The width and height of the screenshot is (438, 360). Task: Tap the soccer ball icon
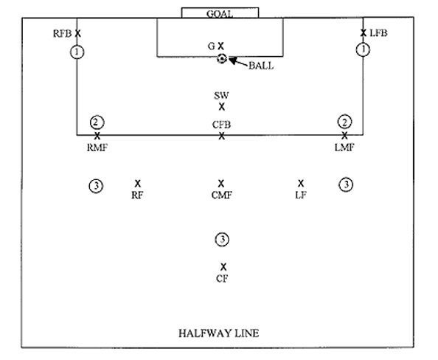pyautogui.click(x=221, y=59)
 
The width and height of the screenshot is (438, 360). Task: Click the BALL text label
pyautogui.click(x=260, y=66)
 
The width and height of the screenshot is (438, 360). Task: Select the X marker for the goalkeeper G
pyautogui.click(x=220, y=46)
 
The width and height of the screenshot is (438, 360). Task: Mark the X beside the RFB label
pyautogui.click(x=77, y=33)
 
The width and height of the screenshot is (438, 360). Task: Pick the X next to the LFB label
pyautogui.click(x=363, y=33)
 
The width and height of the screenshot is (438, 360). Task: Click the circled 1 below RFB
pyautogui.click(x=77, y=51)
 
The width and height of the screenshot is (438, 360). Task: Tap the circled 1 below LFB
pyautogui.click(x=362, y=50)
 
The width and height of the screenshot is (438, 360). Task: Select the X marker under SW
pyautogui.click(x=221, y=107)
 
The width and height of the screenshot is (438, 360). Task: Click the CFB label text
pyautogui.click(x=221, y=125)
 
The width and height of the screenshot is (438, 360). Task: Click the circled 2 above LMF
pyautogui.click(x=344, y=122)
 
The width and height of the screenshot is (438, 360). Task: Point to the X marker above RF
pyautogui.click(x=137, y=183)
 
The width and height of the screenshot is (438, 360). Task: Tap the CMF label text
pyautogui.click(x=221, y=195)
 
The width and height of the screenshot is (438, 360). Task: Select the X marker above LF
pyautogui.click(x=300, y=183)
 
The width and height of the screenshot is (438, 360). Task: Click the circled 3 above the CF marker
pyautogui.click(x=221, y=239)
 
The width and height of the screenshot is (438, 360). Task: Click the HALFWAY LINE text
pyautogui.click(x=219, y=333)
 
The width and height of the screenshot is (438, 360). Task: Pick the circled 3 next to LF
pyautogui.click(x=345, y=184)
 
